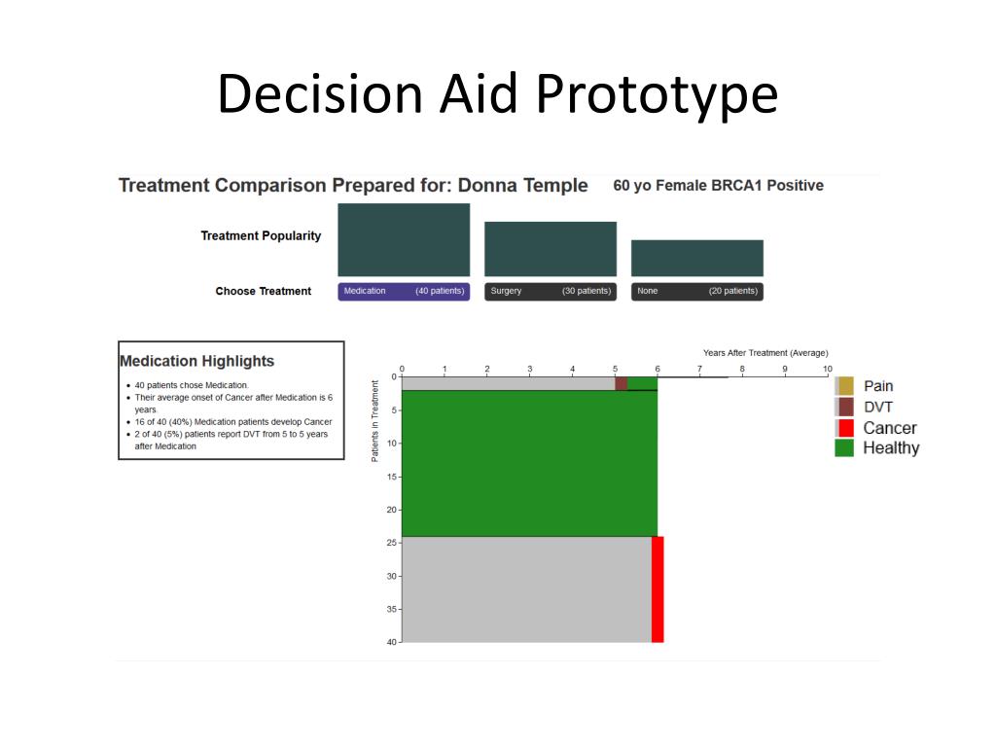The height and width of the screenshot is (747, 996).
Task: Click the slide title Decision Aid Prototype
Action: pyautogui.click(x=497, y=94)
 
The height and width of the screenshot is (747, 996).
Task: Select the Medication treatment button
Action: pyautogui.click(x=404, y=291)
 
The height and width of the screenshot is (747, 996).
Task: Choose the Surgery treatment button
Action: pyautogui.click(x=551, y=291)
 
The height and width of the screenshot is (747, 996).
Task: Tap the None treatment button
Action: pyautogui.click(x=696, y=291)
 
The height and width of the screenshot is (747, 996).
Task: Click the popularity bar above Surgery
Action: pyautogui.click(x=551, y=249)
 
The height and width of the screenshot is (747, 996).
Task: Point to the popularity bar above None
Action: pyautogui.click(x=696, y=258)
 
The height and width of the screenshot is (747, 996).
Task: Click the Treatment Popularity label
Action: pyautogui.click(x=261, y=236)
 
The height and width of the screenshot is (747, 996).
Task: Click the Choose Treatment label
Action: pyautogui.click(x=264, y=291)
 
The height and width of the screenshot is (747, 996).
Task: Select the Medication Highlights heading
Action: pyautogui.click(x=196, y=361)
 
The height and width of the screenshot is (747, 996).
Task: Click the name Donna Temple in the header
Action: pyautogui.click(x=522, y=186)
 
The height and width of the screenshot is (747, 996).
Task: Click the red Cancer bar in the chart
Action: pyautogui.click(x=658, y=588)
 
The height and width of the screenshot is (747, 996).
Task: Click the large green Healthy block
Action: pyautogui.click(x=529, y=463)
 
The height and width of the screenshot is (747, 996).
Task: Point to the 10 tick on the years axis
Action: pyautogui.click(x=827, y=370)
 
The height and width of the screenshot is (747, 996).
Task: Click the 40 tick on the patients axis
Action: pyautogui.click(x=392, y=642)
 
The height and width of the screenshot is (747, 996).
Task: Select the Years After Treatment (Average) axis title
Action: pyautogui.click(x=765, y=353)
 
